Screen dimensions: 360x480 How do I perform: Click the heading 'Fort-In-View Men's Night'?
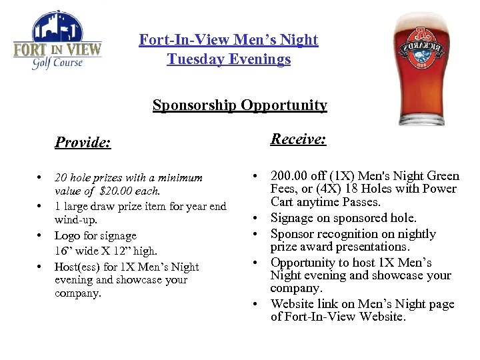[x=229, y=40]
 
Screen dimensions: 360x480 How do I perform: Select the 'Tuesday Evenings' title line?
[x=229, y=59]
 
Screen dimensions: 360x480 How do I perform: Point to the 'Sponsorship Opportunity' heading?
[x=239, y=105]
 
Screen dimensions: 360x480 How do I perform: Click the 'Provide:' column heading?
[x=83, y=142]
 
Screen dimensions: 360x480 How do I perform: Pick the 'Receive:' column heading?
[x=298, y=139]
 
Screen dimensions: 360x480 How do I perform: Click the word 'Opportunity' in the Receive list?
[x=305, y=263]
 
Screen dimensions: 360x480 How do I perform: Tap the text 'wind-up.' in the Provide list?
[x=74, y=219]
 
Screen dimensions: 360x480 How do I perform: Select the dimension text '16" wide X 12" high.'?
[x=106, y=251]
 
